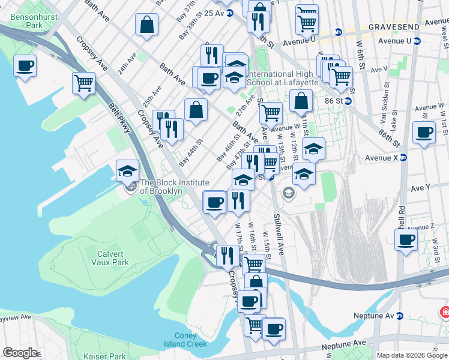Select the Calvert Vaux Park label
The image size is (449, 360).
tap(110, 258)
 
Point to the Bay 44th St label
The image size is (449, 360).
tap(190, 153)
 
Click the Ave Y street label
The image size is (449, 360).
tap(420, 188)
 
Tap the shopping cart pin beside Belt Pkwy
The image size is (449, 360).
tap(84, 83)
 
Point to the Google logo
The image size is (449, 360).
tap(20, 353)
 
